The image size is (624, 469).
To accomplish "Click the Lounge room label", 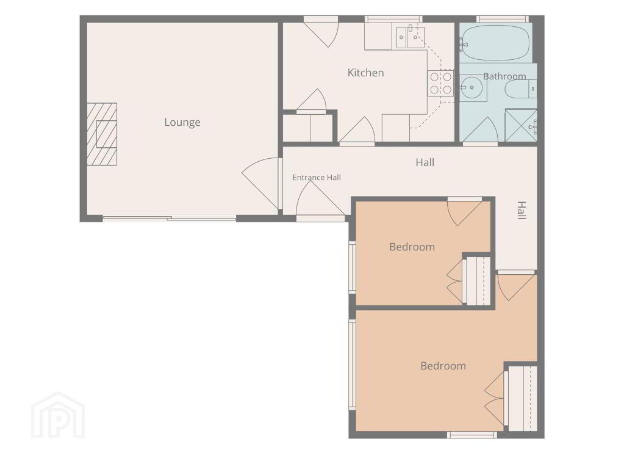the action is tap(182, 122).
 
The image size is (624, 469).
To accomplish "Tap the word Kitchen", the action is tap(366, 73).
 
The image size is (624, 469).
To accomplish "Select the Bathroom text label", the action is tap(504, 76).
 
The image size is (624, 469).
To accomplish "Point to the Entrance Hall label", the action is tap(317, 177).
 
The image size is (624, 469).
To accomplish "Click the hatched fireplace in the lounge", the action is tap(102, 134).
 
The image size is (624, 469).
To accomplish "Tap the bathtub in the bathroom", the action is tap(495, 43).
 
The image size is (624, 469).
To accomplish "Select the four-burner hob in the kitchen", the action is tap(440, 83).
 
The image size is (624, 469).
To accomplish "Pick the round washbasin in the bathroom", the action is tap(472, 87).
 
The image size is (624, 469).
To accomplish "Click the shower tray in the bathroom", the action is tap(520, 125).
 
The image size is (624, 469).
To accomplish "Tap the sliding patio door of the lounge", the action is tap(170, 218).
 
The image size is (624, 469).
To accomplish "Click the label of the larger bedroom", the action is tap(443, 366).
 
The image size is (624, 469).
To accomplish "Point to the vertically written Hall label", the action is tap(522, 211).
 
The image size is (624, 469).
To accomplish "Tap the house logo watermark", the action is tap(58, 415).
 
